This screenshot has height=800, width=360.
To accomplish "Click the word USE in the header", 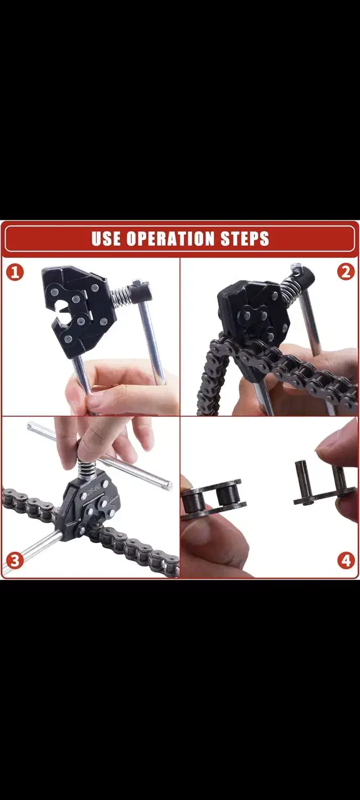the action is coord(107,238).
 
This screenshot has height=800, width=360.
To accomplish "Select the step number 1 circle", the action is coord(14,273).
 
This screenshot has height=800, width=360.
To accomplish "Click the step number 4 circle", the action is coord(346,561).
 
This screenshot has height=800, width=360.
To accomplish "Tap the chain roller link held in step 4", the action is coord(213,498).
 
